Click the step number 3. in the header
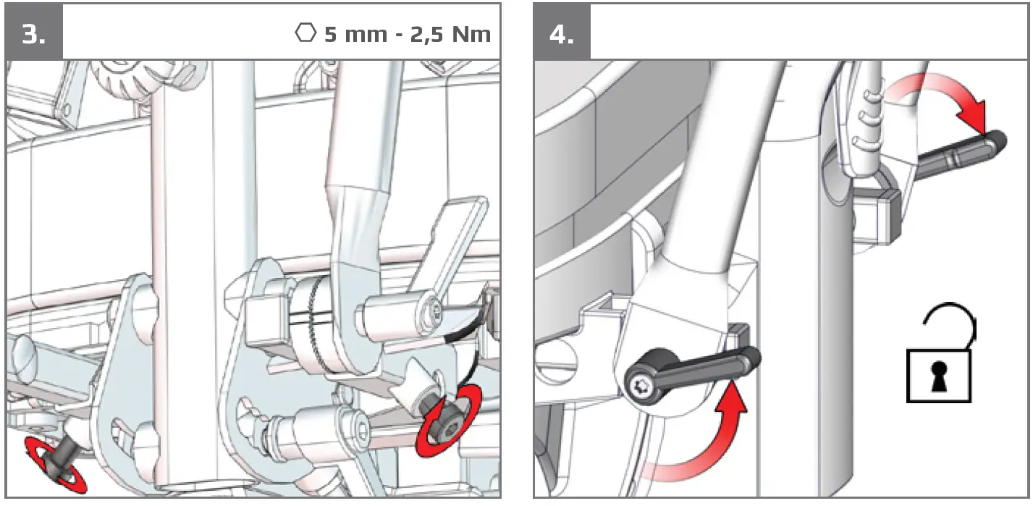[33, 34]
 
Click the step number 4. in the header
[562, 34]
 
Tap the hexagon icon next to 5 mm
[306, 33]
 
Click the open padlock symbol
[939, 362]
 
